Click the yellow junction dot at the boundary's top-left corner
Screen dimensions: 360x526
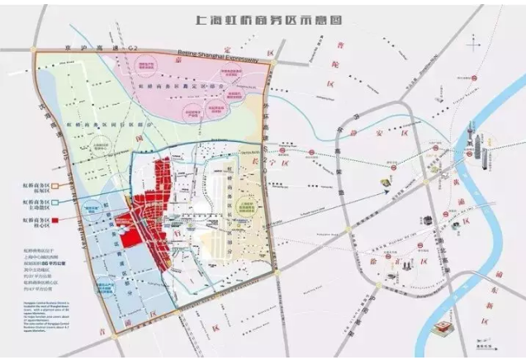tap(35, 50)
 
